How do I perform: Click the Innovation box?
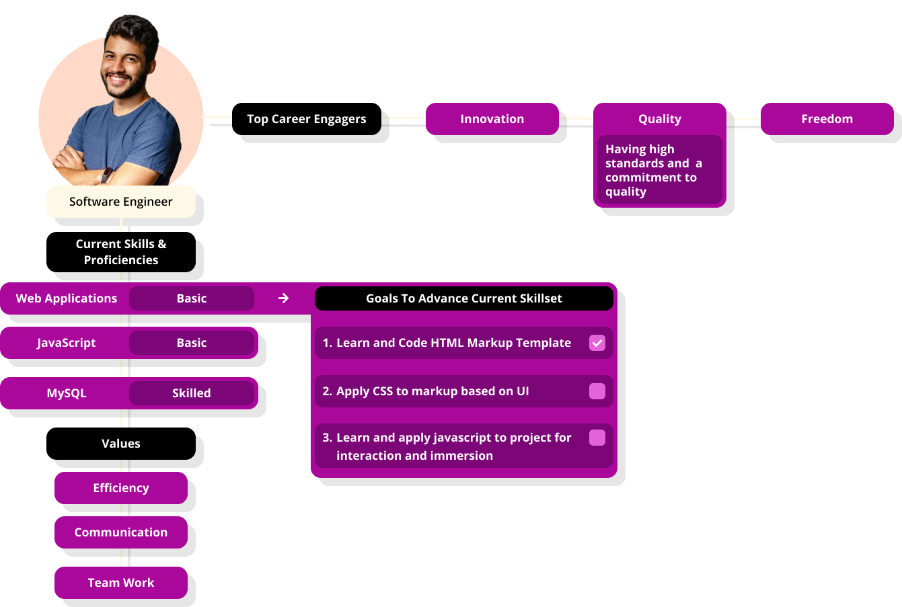click(492, 119)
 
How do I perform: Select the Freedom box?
click(827, 119)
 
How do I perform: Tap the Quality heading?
click(659, 119)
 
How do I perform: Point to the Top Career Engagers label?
click(306, 119)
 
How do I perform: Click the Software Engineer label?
click(121, 202)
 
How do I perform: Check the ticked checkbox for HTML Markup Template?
click(597, 343)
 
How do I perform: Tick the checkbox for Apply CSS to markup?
click(597, 391)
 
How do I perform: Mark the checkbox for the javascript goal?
click(597, 438)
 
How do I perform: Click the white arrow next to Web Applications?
click(283, 298)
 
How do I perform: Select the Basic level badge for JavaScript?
click(192, 343)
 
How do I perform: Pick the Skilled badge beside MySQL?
click(192, 393)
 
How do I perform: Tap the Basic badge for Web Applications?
click(192, 298)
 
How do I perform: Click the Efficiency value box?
click(121, 488)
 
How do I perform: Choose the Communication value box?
click(121, 532)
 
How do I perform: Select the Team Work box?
click(121, 583)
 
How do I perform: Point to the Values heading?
click(121, 444)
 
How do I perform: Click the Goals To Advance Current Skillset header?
click(464, 298)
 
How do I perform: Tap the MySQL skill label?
click(67, 393)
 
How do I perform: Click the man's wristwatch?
click(106, 175)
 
